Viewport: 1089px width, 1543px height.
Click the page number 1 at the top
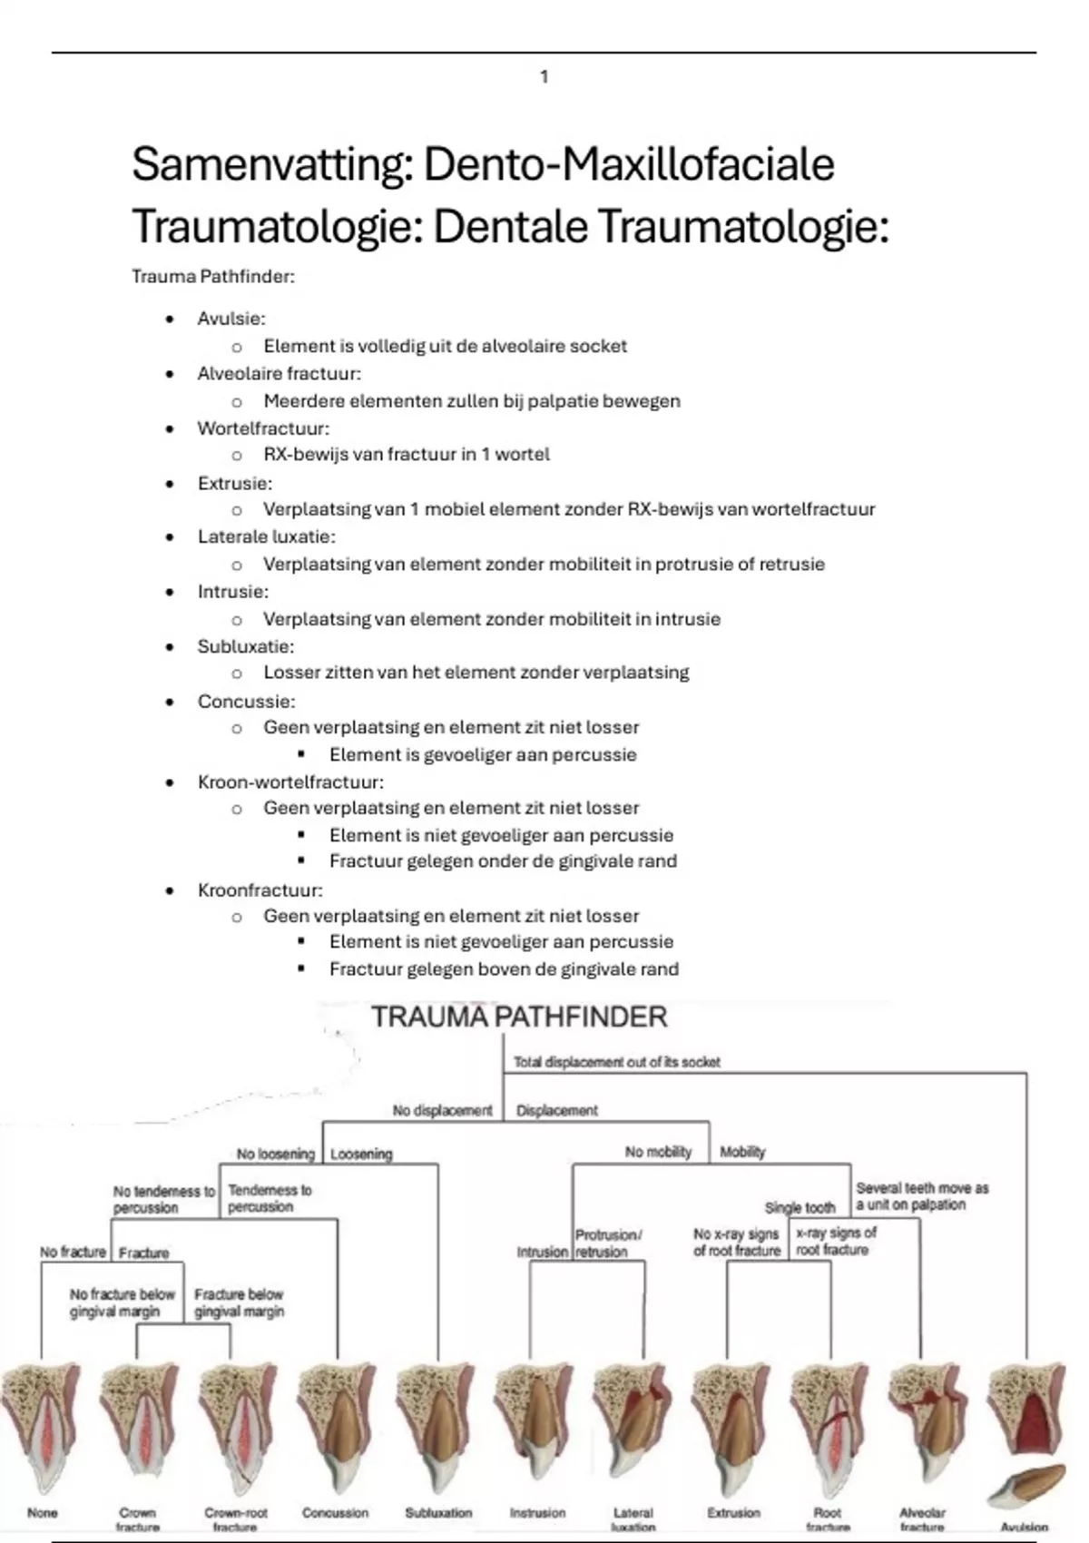[544, 77]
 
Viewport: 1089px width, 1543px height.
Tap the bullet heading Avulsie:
[231, 319]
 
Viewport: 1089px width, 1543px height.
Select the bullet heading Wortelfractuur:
[263, 428]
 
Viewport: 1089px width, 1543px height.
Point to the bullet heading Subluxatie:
[245, 647]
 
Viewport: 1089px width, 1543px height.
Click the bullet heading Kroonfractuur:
[260, 890]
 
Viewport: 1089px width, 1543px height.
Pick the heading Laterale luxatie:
[266, 537]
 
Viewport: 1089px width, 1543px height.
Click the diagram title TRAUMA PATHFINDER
[519, 1017]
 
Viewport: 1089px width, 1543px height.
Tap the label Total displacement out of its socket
[617, 1062]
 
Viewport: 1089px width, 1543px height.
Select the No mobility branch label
[658, 1152]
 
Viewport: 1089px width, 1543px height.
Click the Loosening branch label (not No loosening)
[361, 1155]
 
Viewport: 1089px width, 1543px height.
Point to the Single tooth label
[800, 1208]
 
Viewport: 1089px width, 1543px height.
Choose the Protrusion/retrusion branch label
[608, 1243]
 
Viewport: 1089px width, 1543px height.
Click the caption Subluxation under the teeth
[438, 1513]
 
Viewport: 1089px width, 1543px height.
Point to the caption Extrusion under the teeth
[733, 1513]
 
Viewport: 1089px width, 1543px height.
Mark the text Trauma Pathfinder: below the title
[213, 277]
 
